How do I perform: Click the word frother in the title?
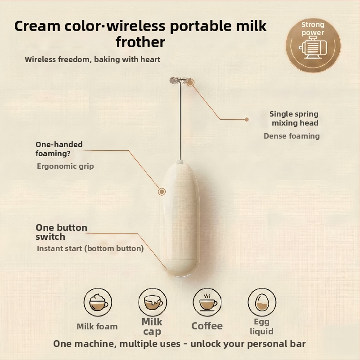(x=140, y=42)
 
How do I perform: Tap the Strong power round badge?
(x=313, y=45)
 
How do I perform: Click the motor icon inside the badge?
(x=313, y=47)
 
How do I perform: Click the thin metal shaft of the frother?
(x=180, y=121)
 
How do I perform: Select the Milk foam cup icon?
(x=98, y=302)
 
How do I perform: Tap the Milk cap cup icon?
(x=153, y=302)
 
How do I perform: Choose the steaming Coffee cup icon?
(x=207, y=302)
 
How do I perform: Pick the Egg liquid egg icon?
(x=262, y=302)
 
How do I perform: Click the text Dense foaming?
(x=292, y=136)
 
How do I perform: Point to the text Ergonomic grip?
(x=65, y=166)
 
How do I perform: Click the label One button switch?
(x=62, y=232)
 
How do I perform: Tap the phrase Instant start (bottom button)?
(x=90, y=248)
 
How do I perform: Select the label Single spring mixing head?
(x=294, y=118)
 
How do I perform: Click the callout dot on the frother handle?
(x=162, y=192)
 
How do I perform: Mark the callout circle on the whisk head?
(x=190, y=83)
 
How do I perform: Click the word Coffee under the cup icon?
(x=207, y=326)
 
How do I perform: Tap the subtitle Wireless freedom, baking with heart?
(x=93, y=59)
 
